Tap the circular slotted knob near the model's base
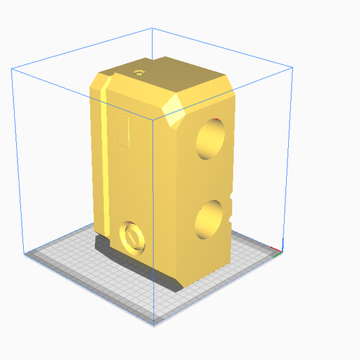coord(131,237)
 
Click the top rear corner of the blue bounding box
coord(152,29)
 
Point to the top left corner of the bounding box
coord(12,68)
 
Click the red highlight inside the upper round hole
coord(220,124)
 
